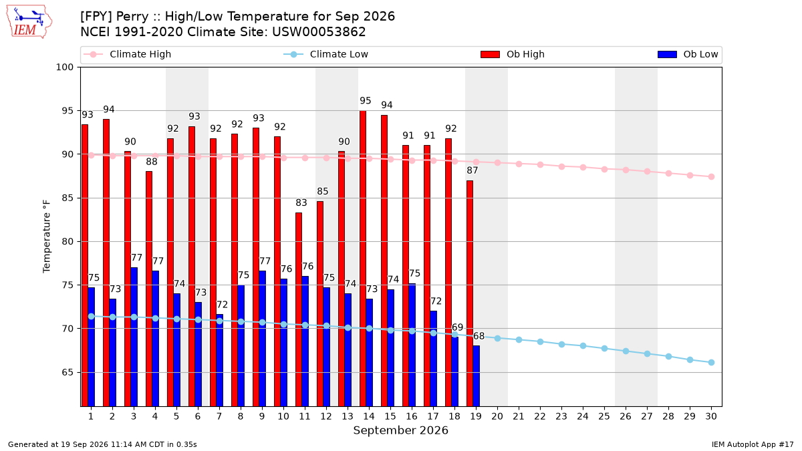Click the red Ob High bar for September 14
pos(363,259)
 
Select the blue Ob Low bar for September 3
pos(134,337)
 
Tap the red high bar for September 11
pos(299,309)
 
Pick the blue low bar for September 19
pos(476,375)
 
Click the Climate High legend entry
pos(128,54)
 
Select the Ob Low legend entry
pos(688,54)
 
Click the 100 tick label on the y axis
pos(64,67)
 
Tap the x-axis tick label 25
pos(604,416)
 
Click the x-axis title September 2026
pos(400,430)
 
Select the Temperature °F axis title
pos(47,237)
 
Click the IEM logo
pos(29,21)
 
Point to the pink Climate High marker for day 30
pos(711,177)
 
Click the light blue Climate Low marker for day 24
pos(583,346)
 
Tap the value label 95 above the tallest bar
pos(365,101)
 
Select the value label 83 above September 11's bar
pos(301,203)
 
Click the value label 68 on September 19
pos(479,336)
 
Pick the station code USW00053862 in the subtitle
pos(319,32)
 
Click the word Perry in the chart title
pos(132,17)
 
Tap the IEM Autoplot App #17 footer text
pos(753,444)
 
